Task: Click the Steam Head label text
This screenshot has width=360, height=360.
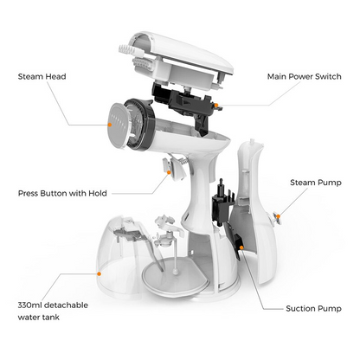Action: (x=42, y=76)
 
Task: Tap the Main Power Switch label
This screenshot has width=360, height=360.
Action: (x=305, y=76)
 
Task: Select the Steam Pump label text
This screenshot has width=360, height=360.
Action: (x=316, y=183)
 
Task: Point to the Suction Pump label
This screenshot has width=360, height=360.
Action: (x=313, y=308)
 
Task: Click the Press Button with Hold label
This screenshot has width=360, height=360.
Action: (x=62, y=193)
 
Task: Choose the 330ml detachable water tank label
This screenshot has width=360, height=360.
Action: (x=53, y=311)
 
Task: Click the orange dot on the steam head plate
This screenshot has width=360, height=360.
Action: (x=110, y=125)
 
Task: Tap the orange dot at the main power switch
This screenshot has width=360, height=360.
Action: (x=216, y=106)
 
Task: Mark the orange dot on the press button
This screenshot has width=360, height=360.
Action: (x=169, y=172)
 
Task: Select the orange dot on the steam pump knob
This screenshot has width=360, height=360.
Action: (x=278, y=216)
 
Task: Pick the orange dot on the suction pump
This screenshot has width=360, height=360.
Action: (x=241, y=247)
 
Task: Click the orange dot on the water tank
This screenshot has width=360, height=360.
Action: (x=99, y=273)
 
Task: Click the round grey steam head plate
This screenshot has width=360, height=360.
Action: (x=119, y=125)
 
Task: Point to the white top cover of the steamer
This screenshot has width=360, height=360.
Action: (x=184, y=54)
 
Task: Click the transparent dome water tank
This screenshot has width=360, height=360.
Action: (x=121, y=257)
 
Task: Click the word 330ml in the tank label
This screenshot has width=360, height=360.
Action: (x=29, y=305)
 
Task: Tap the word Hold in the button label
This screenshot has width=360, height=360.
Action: (x=98, y=193)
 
